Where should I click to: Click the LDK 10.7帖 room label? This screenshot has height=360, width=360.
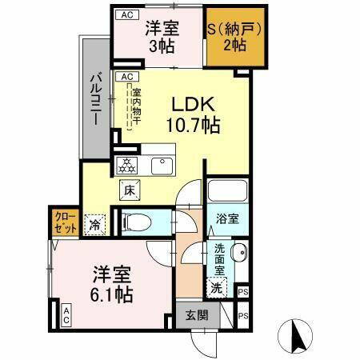(192, 115)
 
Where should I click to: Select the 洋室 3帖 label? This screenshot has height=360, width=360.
(162, 37)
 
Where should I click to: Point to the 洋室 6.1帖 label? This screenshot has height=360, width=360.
(111, 283)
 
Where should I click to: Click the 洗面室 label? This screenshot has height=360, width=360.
(218, 258)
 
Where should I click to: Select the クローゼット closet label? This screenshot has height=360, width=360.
(66, 221)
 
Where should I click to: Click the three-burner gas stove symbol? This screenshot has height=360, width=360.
(126, 166)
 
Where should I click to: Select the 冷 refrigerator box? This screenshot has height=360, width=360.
(95, 225)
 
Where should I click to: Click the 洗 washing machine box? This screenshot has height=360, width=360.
(216, 286)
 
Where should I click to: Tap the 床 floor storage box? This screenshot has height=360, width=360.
(128, 190)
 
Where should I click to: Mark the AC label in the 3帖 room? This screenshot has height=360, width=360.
(125, 14)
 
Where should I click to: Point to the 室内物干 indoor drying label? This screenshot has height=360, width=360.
(136, 104)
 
